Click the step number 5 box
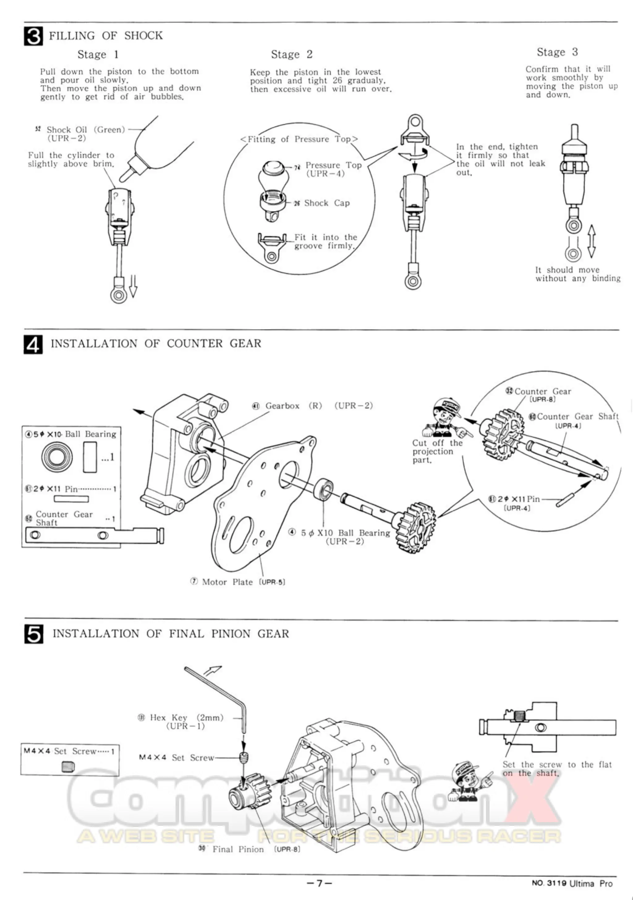[x=34, y=634]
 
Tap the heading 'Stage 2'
[x=291, y=54]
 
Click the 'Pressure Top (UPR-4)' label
[x=333, y=169]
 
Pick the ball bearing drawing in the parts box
[x=57, y=457]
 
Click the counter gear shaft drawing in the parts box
[x=94, y=535]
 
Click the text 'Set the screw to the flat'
[x=557, y=765]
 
